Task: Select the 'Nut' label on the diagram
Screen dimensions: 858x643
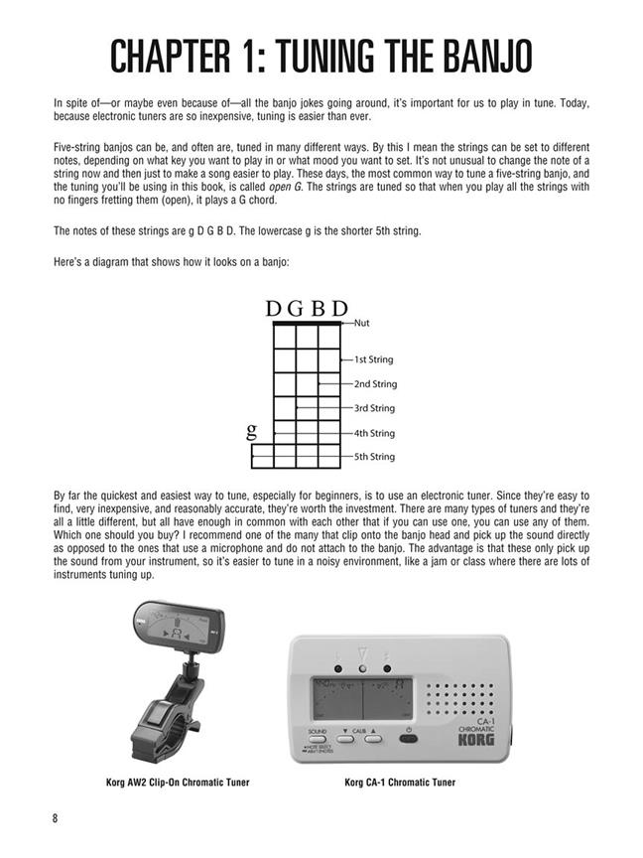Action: coord(362,323)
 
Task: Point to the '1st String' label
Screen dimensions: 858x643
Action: coord(374,359)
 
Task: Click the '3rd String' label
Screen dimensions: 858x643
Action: coord(374,408)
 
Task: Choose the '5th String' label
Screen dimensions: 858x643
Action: coord(374,457)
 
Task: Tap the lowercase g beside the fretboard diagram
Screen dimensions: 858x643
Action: coord(251,431)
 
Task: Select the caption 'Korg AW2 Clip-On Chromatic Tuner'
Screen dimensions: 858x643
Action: coord(177,783)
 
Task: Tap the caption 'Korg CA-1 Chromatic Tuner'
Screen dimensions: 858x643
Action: coord(400,783)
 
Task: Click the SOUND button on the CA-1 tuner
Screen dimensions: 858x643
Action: coord(317,737)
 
